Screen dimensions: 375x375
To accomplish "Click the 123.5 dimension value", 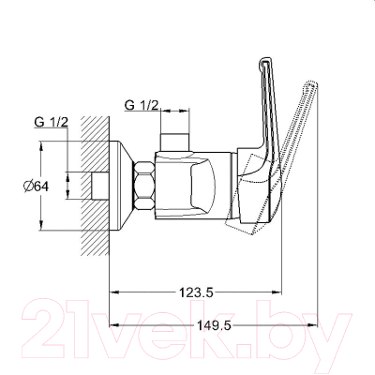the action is pos(196,292).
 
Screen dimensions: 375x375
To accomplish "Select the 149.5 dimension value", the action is pos(214,326).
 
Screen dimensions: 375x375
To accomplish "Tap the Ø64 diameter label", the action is pos(37,187).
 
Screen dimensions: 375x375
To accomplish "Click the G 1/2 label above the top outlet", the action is pos(142,106).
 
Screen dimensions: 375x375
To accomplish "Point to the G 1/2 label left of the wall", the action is pos(51,122).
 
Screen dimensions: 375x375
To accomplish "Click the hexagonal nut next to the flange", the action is pos(144,186).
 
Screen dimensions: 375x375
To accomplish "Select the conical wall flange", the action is pos(122,186).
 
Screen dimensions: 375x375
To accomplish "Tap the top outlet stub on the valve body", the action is pos(174,142).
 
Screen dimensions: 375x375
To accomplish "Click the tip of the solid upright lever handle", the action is pos(264,58).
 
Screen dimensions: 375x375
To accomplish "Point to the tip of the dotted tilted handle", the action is pos(312,83).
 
